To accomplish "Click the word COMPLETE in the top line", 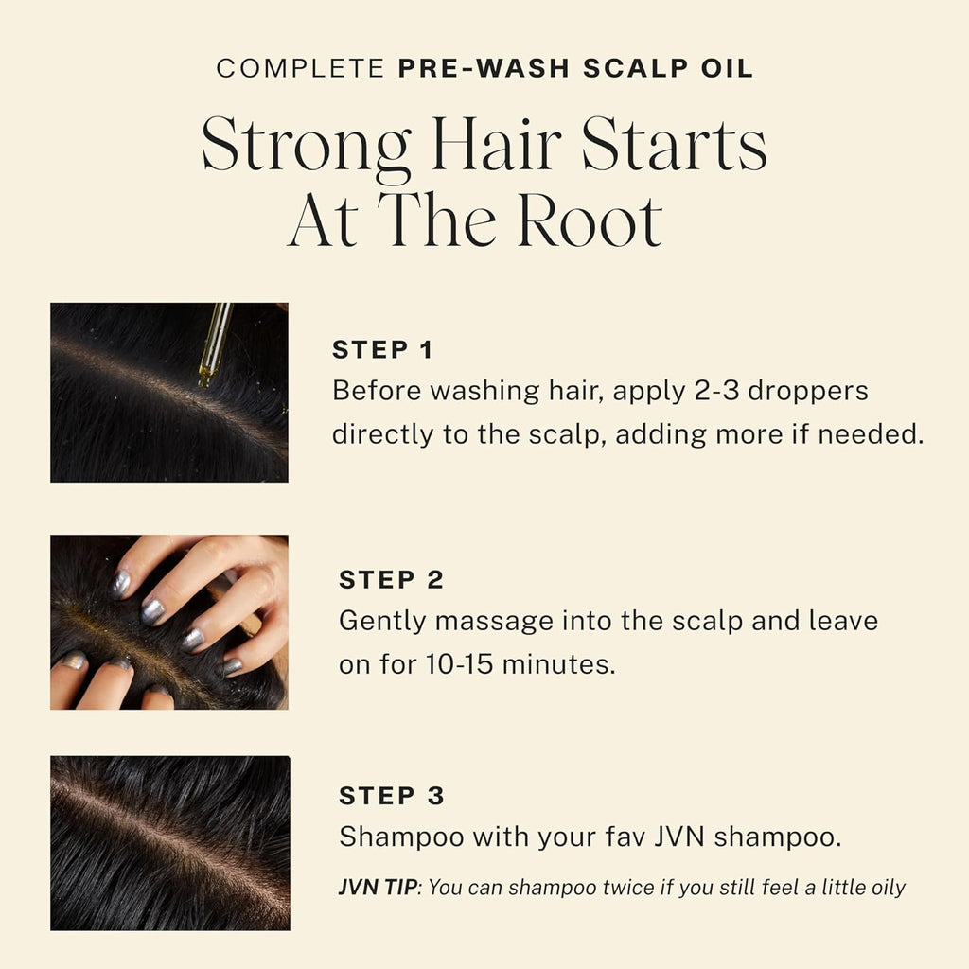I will click(298, 69).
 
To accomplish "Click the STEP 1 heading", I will click(381, 350).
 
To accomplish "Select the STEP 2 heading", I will click(391, 580).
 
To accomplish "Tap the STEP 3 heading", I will click(391, 797).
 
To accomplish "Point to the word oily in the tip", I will click(883, 888).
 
